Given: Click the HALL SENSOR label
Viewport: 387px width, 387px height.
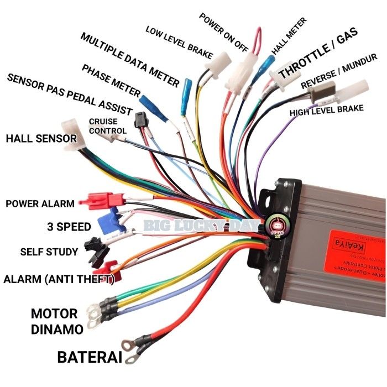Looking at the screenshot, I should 41,138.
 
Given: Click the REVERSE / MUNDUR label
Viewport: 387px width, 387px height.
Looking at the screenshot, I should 339,72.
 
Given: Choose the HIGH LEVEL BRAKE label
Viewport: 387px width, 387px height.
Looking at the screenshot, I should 327,111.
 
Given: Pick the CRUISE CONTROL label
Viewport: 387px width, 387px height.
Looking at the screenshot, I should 107,125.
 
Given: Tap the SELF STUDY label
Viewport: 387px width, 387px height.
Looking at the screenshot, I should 49,252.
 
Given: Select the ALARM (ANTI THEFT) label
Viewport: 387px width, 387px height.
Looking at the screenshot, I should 59,279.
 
